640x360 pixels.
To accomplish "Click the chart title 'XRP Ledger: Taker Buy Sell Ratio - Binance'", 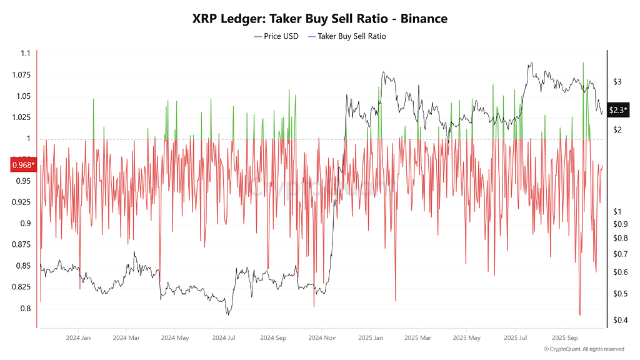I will [x=320, y=19].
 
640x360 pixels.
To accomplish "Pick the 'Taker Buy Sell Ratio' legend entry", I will [x=347, y=36].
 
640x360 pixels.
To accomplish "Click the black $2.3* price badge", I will [x=618, y=110].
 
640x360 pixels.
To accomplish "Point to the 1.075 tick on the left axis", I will [x=21, y=75].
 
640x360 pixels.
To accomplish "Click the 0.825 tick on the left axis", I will [x=21, y=287].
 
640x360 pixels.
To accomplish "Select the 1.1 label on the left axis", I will [x=25, y=54].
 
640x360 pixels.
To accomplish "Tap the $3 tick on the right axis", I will [x=617, y=82].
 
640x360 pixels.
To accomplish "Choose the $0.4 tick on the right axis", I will [x=621, y=321].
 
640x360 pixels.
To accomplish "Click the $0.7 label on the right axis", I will [x=621, y=254].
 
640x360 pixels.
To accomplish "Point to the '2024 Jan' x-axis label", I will [x=78, y=337].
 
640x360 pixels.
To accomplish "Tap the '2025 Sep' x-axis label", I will [x=564, y=337].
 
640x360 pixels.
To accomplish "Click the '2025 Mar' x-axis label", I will [x=418, y=337].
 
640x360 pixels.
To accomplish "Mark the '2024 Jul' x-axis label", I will [x=224, y=337].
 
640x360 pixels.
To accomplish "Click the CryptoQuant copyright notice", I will [x=584, y=349].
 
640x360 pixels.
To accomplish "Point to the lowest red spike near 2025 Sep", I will [x=580, y=315].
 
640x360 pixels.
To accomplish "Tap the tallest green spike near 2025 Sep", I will [x=583, y=63].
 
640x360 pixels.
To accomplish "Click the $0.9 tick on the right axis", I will [x=621, y=224].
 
